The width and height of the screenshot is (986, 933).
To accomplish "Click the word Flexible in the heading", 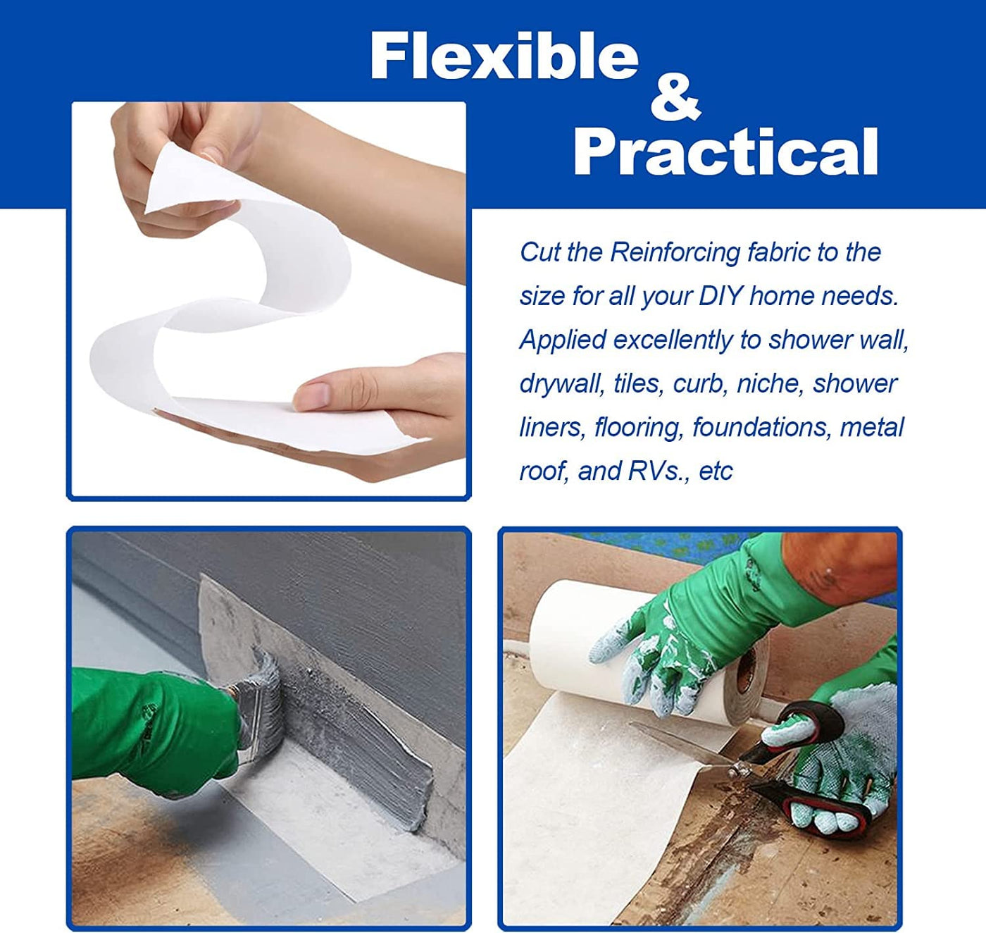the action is [x=504, y=55].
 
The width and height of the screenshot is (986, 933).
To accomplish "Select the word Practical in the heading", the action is [x=725, y=151].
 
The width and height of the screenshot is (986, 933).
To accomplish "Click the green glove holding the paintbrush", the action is [x=156, y=728].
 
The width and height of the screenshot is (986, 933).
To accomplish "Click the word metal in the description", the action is [x=872, y=427].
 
